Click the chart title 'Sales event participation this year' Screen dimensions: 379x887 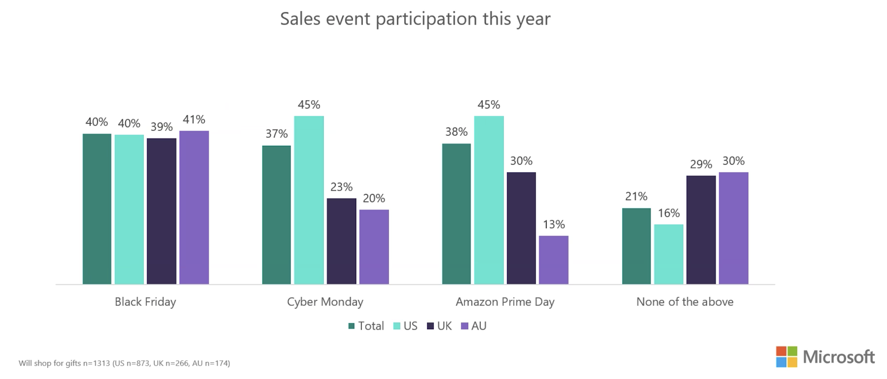point(415,19)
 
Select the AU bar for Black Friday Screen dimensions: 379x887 point(194,207)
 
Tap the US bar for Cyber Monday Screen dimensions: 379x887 point(309,200)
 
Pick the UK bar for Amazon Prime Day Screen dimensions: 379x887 point(521,228)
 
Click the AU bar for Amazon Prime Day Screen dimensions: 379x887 point(554,260)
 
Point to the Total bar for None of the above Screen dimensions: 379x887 point(636,246)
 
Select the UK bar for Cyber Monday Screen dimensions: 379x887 point(341,241)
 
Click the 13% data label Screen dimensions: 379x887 point(554,224)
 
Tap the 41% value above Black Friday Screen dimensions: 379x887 point(194,120)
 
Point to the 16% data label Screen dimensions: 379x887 point(668,213)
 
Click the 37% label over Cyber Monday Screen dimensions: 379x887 point(276,134)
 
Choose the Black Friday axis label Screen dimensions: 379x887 point(145,302)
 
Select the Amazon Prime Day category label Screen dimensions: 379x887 point(505,302)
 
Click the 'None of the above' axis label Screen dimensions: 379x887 point(685,302)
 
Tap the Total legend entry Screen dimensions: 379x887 point(366,326)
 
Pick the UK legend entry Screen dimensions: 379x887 point(439,326)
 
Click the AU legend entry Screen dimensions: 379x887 point(474,326)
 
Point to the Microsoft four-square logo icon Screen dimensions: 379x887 point(786,357)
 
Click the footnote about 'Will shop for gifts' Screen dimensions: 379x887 point(124,363)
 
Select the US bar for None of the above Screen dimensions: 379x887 point(668,254)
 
